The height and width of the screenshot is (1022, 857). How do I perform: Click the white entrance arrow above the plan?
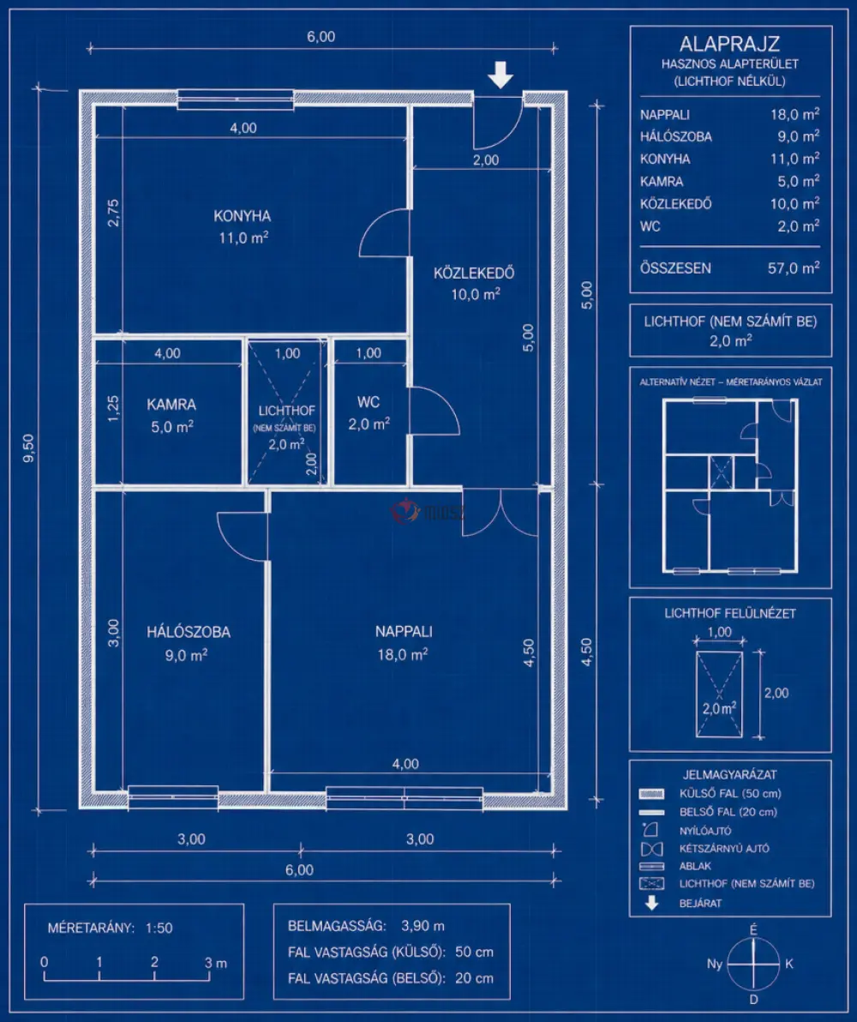pyautogui.click(x=500, y=75)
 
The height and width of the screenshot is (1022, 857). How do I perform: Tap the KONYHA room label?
pyautogui.click(x=243, y=216)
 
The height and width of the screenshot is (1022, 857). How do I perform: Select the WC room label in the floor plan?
pyautogui.click(x=369, y=402)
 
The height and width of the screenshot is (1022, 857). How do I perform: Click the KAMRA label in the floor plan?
pyautogui.click(x=171, y=404)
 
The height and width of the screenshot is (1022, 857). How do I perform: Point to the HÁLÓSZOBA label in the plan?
pyautogui.click(x=189, y=632)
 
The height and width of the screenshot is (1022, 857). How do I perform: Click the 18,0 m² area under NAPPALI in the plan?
pyautogui.click(x=403, y=653)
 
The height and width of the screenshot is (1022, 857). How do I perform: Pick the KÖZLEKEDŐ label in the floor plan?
pyautogui.click(x=474, y=273)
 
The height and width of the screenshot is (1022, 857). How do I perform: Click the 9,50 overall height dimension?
pyautogui.click(x=28, y=448)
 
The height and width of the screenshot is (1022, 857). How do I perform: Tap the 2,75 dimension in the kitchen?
pyautogui.click(x=113, y=213)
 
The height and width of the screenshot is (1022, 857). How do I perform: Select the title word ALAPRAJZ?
pyautogui.click(x=730, y=44)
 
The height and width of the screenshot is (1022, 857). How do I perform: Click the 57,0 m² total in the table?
pyautogui.click(x=794, y=268)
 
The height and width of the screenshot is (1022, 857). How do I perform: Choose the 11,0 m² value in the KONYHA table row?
pyautogui.click(x=794, y=159)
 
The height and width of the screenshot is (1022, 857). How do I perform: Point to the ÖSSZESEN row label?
pyautogui.click(x=675, y=268)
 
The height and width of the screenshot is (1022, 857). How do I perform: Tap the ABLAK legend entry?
pyautogui.click(x=695, y=866)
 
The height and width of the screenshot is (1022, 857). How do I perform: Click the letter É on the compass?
pyautogui.click(x=753, y=929)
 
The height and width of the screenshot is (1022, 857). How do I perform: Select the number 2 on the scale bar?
pyautogui.click(x=154, y=961)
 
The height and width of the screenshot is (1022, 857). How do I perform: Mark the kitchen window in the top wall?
pyautogui.click(x=236, y=99)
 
